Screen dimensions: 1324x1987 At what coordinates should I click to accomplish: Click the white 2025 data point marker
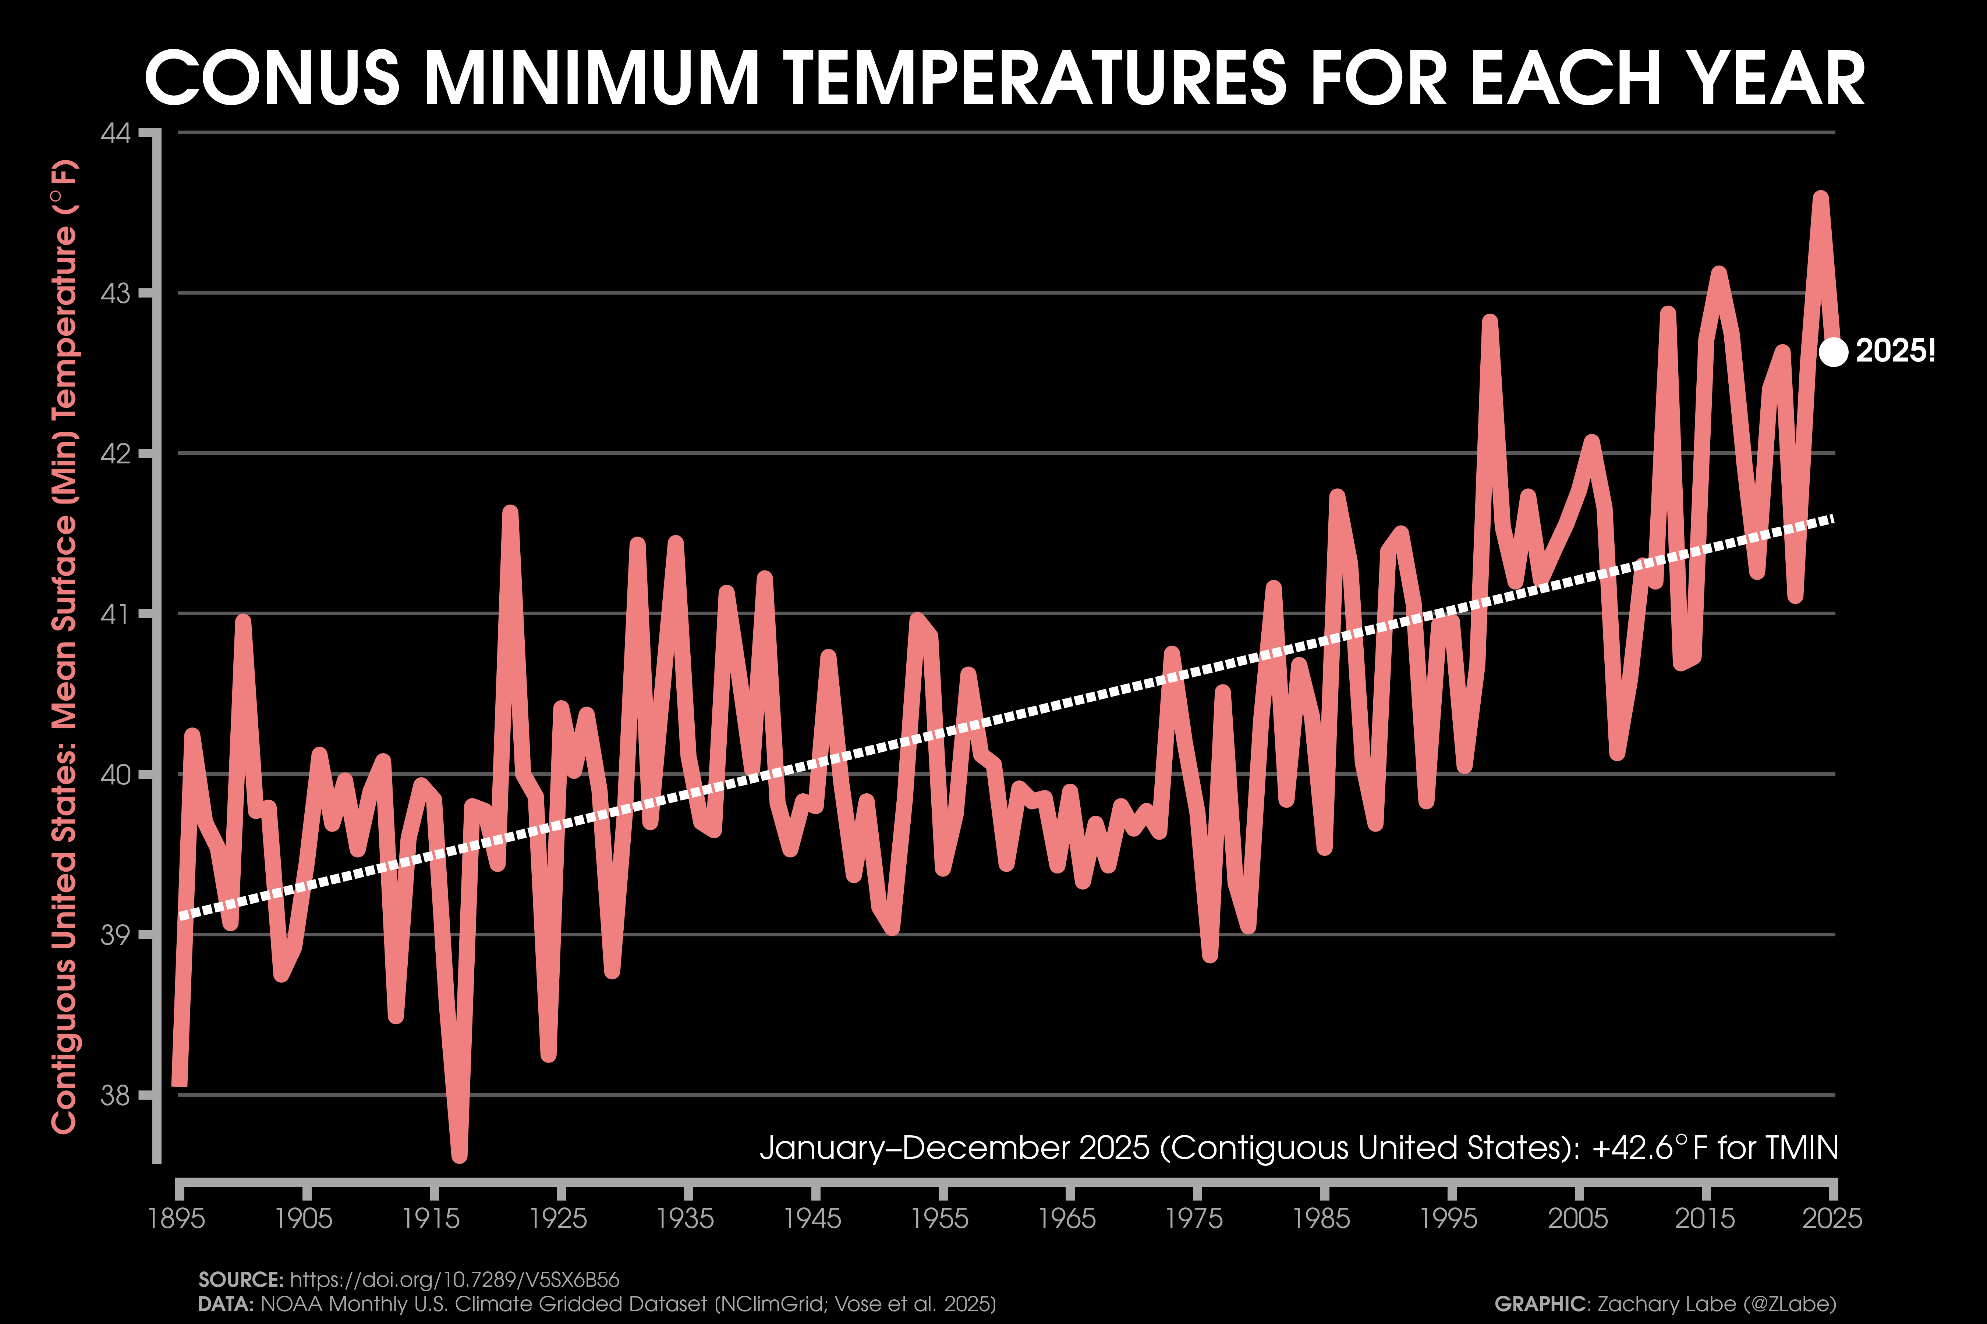pos(1832,351)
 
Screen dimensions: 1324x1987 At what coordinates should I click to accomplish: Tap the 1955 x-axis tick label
pos(941,1218)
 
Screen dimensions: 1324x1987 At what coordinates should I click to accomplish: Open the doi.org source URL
pos(454,1280)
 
